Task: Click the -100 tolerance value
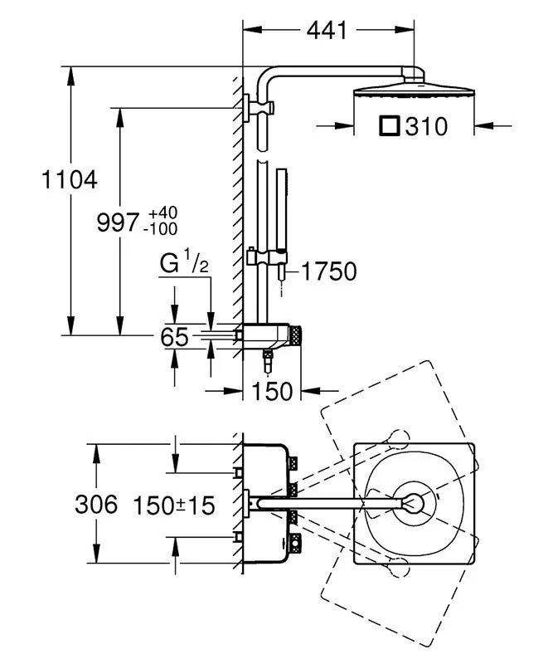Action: [160, 228]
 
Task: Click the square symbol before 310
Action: [389, 127]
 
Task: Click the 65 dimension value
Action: [175, 337]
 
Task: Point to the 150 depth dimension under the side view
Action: [273, 390]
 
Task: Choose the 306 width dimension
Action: [96, 504]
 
